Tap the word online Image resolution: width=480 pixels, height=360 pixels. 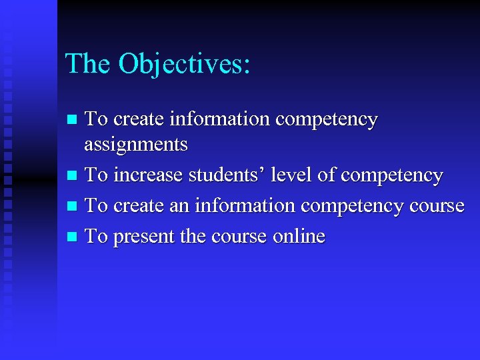pyautogui.click(x=299, y=236)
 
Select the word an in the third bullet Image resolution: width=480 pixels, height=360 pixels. pyautogui.click(x=179, y=206)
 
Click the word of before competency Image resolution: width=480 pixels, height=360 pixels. pyautogui.click(x=326, y=175)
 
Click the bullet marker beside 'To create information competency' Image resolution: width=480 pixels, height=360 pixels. pyautogui.click(x=74, y=120)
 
